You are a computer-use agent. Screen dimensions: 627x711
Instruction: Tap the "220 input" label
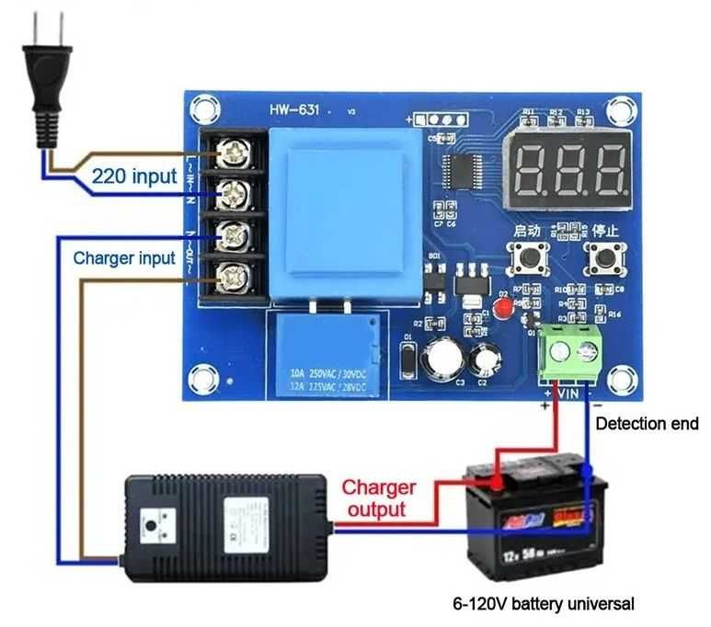(133, 176)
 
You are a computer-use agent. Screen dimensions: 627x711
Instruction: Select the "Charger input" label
(124, 257)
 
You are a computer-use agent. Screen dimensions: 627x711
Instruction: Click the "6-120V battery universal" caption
(544, 604)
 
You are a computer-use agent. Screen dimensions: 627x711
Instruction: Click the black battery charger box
(225, 518)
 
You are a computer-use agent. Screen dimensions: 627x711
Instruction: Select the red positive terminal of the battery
(496, 481)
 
